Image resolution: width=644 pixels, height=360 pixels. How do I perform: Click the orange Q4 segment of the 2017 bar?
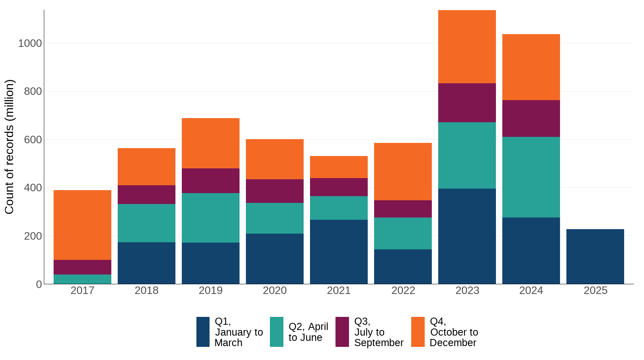tap(82, 225)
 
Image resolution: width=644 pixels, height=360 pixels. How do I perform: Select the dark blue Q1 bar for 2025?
tap(595, 256)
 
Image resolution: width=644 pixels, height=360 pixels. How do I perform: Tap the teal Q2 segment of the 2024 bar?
tap(531, 177)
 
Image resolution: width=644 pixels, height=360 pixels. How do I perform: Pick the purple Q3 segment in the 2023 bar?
tap(467, 103)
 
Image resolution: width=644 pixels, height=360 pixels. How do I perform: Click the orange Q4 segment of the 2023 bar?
tap(467, 47)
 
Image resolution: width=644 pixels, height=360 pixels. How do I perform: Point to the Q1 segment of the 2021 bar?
tap(338, 252)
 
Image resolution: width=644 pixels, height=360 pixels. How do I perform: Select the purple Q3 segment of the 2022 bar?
tap(403, 209)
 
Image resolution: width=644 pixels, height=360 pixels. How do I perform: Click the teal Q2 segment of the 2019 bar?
tap(210, 218)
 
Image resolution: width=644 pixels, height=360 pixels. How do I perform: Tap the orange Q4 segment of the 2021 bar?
tap(338, 167)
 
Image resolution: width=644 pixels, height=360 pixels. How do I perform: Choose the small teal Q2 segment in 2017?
tap(82, 279)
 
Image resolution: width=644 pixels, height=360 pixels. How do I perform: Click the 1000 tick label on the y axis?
tap(30, 43)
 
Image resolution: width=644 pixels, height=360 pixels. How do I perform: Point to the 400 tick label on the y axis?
tap(33, 187)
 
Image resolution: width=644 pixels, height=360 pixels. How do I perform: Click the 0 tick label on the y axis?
tap(39, 284)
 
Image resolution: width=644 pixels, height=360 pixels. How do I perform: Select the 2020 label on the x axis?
tap(274, 291)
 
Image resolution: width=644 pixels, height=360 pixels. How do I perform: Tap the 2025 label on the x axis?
tap(595, 291)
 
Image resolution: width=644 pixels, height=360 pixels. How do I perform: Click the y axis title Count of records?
tap(9, 147)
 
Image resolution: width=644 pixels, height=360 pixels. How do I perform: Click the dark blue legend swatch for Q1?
tap(203, 332)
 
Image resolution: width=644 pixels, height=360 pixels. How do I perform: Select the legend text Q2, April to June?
tap(308, 332)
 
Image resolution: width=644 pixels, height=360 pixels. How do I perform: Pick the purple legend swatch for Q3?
tap(342, 332)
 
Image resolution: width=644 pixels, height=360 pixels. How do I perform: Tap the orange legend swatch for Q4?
tap(418, 332)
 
